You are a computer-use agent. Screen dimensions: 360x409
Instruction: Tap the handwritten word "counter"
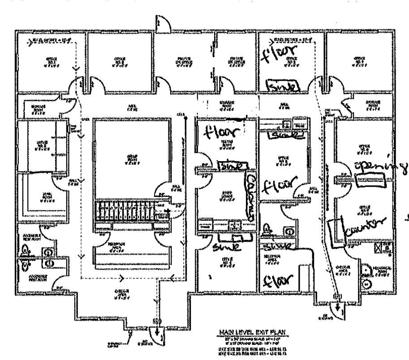[364, 224]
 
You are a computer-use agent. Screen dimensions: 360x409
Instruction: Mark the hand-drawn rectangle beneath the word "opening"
[369, 182]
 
